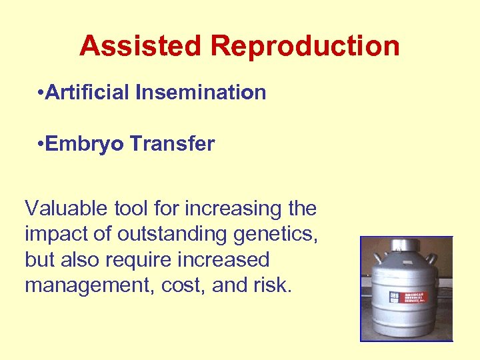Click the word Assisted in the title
coord(140,46)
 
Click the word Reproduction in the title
coord(305,46)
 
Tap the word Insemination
coord(201,92)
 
